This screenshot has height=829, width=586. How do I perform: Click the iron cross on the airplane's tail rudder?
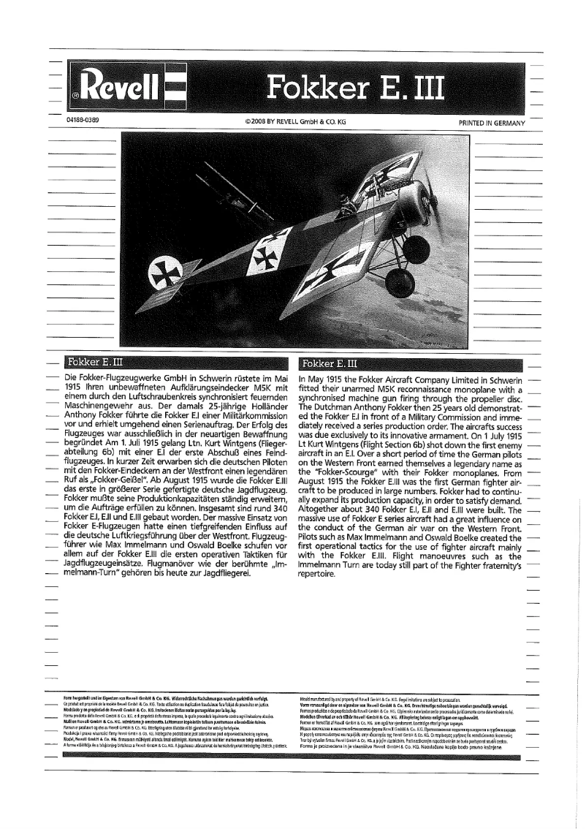point(160,275)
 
